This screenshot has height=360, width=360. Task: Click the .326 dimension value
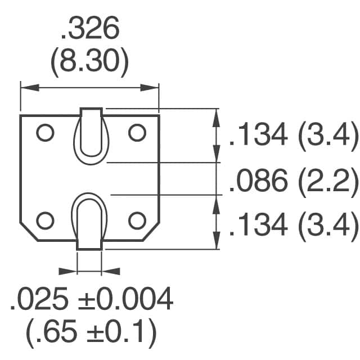pyautogui.click(x=90, y=30)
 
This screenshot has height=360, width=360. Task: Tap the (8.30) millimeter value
pyautogui.click(x=90, y=65)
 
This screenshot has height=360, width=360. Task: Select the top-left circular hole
pyautogui.click(x=45, y=133)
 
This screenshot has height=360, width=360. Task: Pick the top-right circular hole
pyautogui.click(x=137, y=133)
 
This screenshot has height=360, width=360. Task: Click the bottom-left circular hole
pyautogui.click(x=45, y=220)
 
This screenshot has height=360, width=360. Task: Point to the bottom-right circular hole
pyautogui.click(x=137, y=220)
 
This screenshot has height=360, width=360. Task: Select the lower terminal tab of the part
pyautogui.click(x=90, y=222)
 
